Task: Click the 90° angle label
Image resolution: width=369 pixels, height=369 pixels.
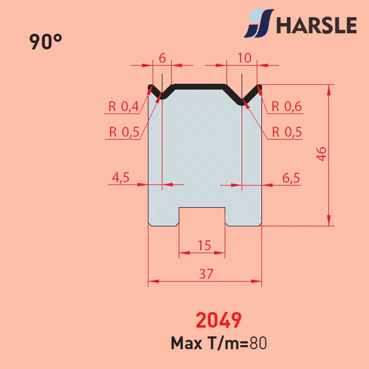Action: [x=46, y=42]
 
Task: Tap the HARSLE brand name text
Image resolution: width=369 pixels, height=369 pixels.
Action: [x=316, y=25]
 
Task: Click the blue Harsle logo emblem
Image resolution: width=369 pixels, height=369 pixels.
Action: [x=259, y=24]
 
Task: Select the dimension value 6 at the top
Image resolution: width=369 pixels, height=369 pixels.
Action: [x=162, y=58]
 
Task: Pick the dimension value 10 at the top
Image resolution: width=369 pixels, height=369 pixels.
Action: [x=244, y=58]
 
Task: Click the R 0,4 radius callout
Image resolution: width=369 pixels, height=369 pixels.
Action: [x=124, y=107]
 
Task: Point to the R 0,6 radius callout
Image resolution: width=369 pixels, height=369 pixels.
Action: [x=286, y=107]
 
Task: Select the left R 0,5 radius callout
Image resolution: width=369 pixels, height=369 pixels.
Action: [x=124, y=132]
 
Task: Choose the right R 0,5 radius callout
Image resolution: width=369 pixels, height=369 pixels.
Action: [x=287, y=132]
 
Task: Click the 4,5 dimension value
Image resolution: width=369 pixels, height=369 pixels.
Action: [x=120, y=177]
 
